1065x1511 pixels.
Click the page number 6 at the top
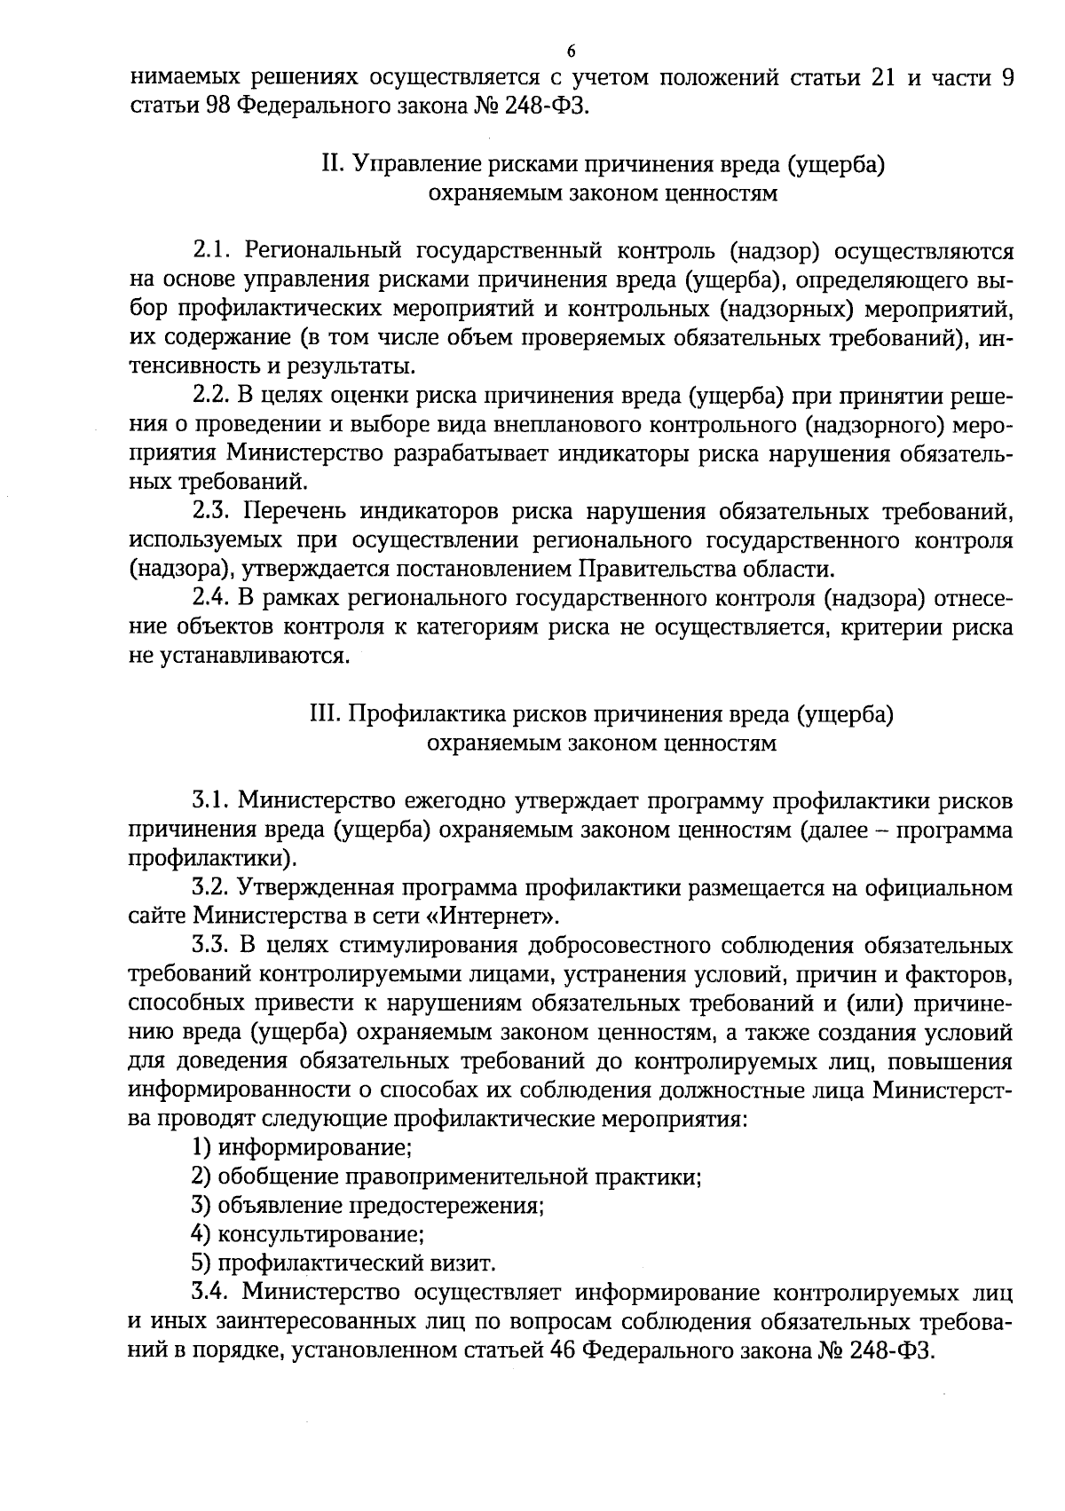(572, 50)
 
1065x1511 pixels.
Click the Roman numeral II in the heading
(330, 165)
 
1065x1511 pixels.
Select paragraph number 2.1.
(213, 250)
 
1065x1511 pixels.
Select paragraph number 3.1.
(212, 801)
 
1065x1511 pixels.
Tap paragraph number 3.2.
(213, 888)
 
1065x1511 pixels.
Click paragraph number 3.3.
(213, 946)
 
